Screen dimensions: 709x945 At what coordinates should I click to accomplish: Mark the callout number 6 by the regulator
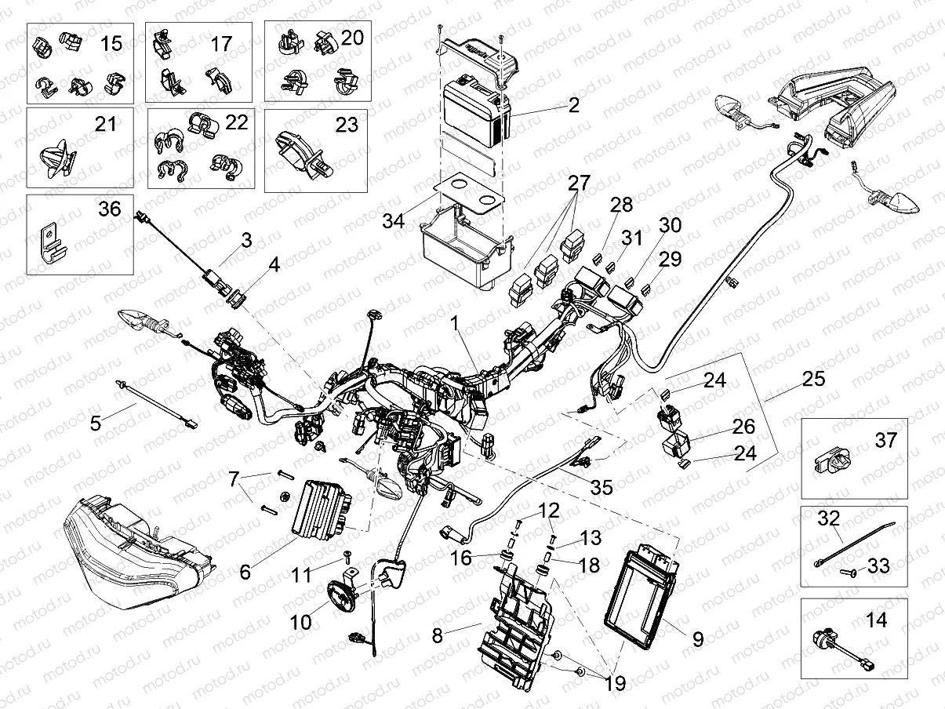tap(245, 572)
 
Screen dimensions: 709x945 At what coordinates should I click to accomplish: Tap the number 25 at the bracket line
tap(814, 379)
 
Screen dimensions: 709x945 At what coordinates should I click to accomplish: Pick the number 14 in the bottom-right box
tap(877, 621)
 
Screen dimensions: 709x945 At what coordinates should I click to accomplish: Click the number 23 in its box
tap(347, 125)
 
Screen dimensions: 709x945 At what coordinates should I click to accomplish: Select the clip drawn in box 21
tap(56, 158)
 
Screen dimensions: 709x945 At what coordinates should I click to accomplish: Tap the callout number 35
tap(601, 487)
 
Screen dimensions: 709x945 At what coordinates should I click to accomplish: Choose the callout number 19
tap(615, 683)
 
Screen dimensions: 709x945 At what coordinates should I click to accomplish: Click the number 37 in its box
tap(885, 441)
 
